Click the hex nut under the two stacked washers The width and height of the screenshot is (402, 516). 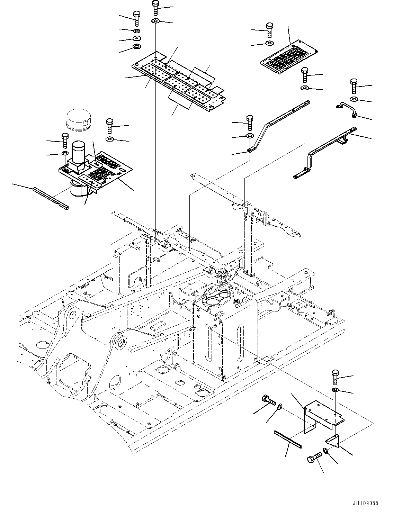pyautogui.click(x=137, y=47)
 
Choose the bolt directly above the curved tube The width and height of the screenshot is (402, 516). pyautogui.click(x=354, y=86)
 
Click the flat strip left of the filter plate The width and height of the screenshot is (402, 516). pyautogui.click(x=51, y=198)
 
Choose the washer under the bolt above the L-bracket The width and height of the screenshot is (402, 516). pyautogui.click(x=335, y=390)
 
